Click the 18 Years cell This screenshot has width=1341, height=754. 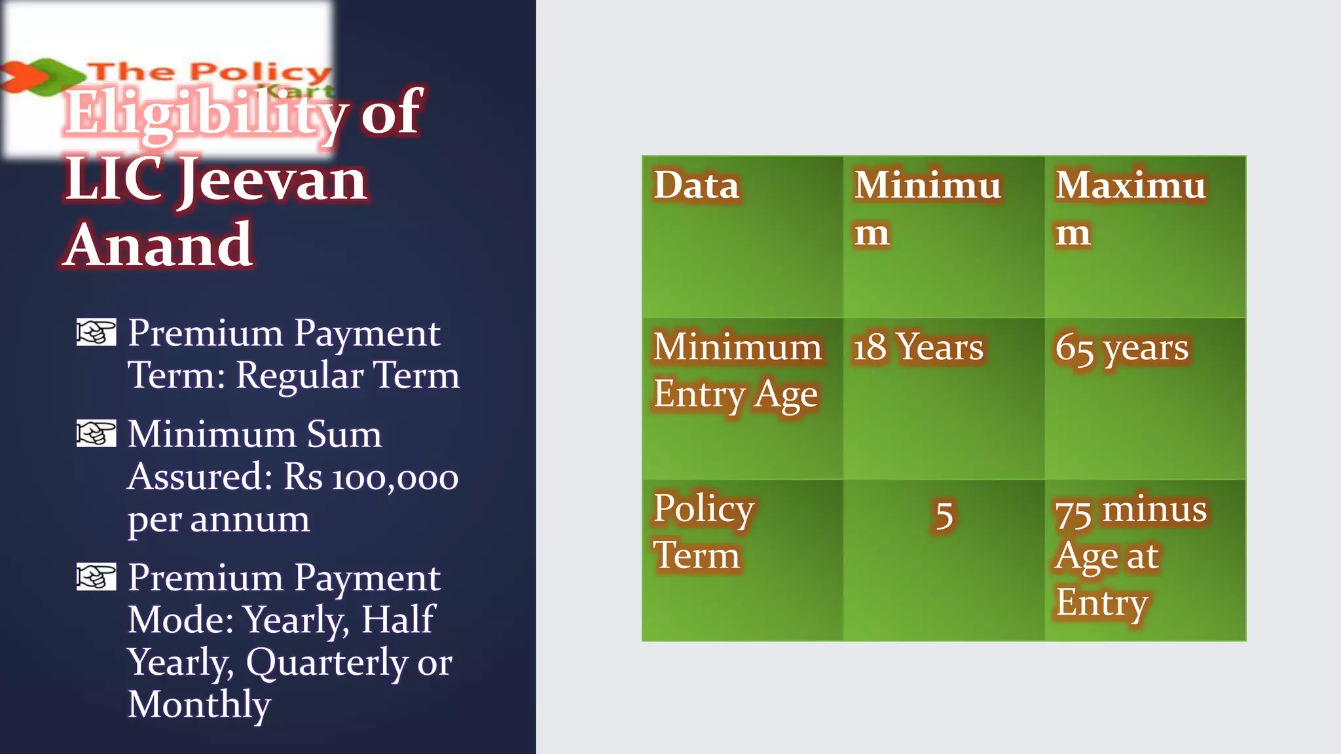(x=918, y=347)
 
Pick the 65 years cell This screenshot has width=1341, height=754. (x=1121, y=348)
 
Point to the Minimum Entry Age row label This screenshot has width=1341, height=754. (x=737, y=370)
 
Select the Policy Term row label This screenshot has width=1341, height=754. (x=703, y=531)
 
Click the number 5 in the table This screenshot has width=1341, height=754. (x=944, y=516)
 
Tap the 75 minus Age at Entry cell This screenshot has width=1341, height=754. (x=1130, y=556)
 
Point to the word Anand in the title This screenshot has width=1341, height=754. (x=158, y=245)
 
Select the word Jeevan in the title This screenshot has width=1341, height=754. (x=272, y=181)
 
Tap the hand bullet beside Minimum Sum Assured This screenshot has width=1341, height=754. (x=96, y=433)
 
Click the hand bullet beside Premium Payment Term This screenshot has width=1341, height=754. (x=96, y=332)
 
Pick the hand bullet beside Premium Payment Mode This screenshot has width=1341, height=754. (x=96, y=577)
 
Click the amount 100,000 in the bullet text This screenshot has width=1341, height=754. (x=395, y=478)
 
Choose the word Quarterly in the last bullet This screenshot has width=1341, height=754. (x=327, y=662)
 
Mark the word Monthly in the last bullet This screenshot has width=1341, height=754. (x=199, y=705)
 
